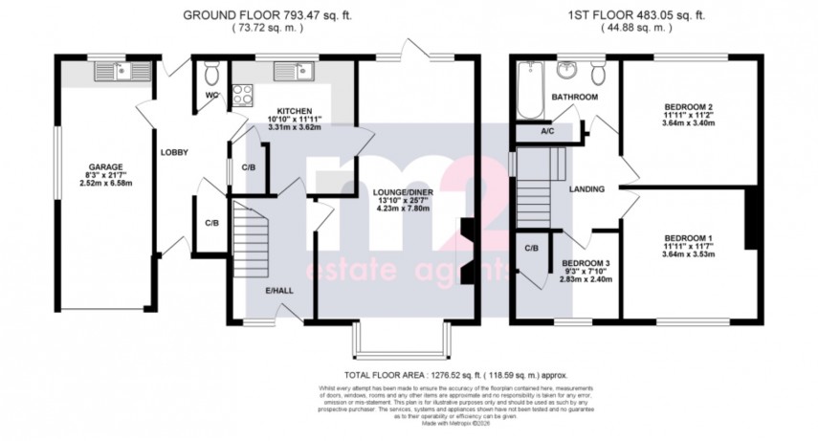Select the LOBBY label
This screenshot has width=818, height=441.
173,153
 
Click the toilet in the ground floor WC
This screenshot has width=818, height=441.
211,73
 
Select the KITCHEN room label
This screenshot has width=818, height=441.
289,112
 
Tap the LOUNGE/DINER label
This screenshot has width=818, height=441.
405,191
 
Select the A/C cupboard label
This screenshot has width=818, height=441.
547,132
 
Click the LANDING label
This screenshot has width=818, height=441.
586,189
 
